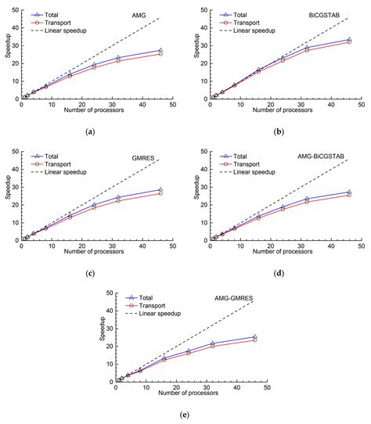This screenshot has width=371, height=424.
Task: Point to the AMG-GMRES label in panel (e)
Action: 233,300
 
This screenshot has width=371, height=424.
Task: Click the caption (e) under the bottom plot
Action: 185,415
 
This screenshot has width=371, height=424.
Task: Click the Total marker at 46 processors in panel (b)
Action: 349,39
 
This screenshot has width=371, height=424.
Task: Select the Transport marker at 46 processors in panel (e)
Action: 254,340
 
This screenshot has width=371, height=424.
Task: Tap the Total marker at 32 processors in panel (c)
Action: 118,197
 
